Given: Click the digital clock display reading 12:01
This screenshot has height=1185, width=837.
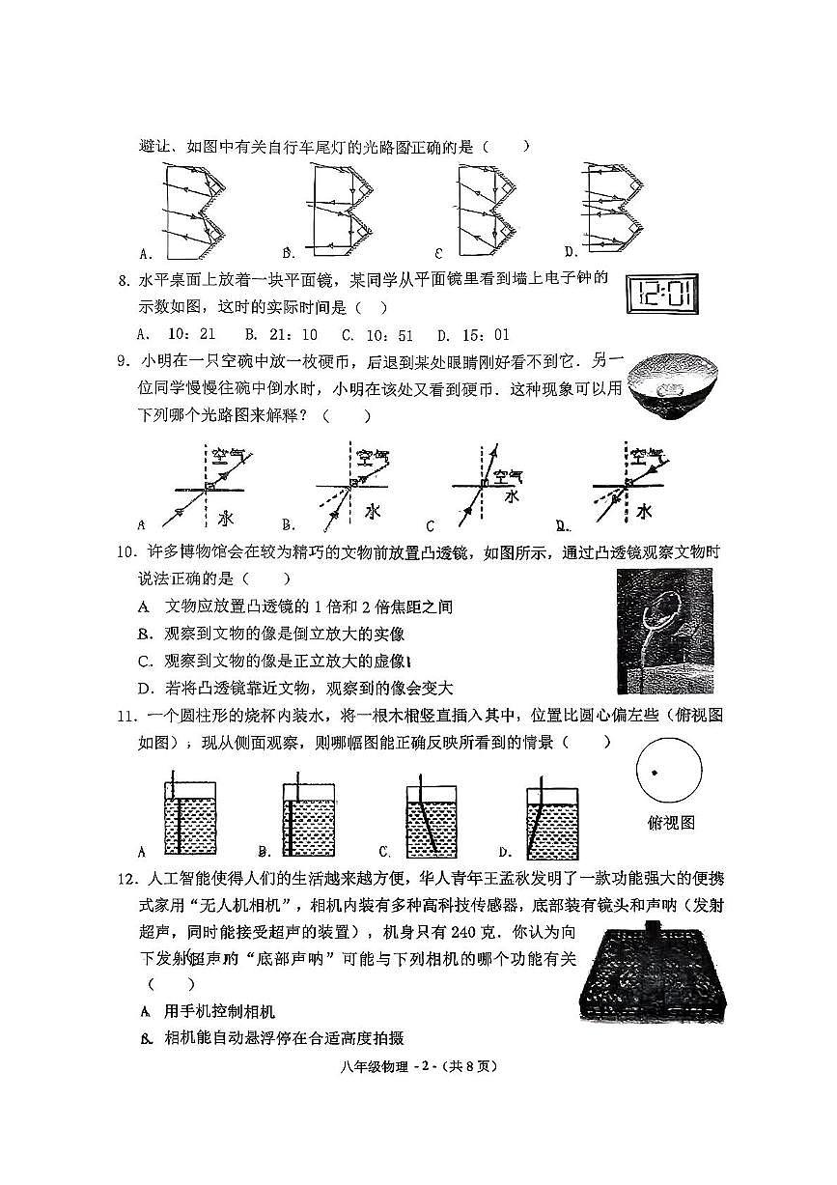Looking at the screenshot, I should coord(663,294).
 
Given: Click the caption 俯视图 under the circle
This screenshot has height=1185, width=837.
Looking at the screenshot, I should coord(670,823).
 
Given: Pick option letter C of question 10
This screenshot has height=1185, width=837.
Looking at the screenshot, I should coord(146,662).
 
